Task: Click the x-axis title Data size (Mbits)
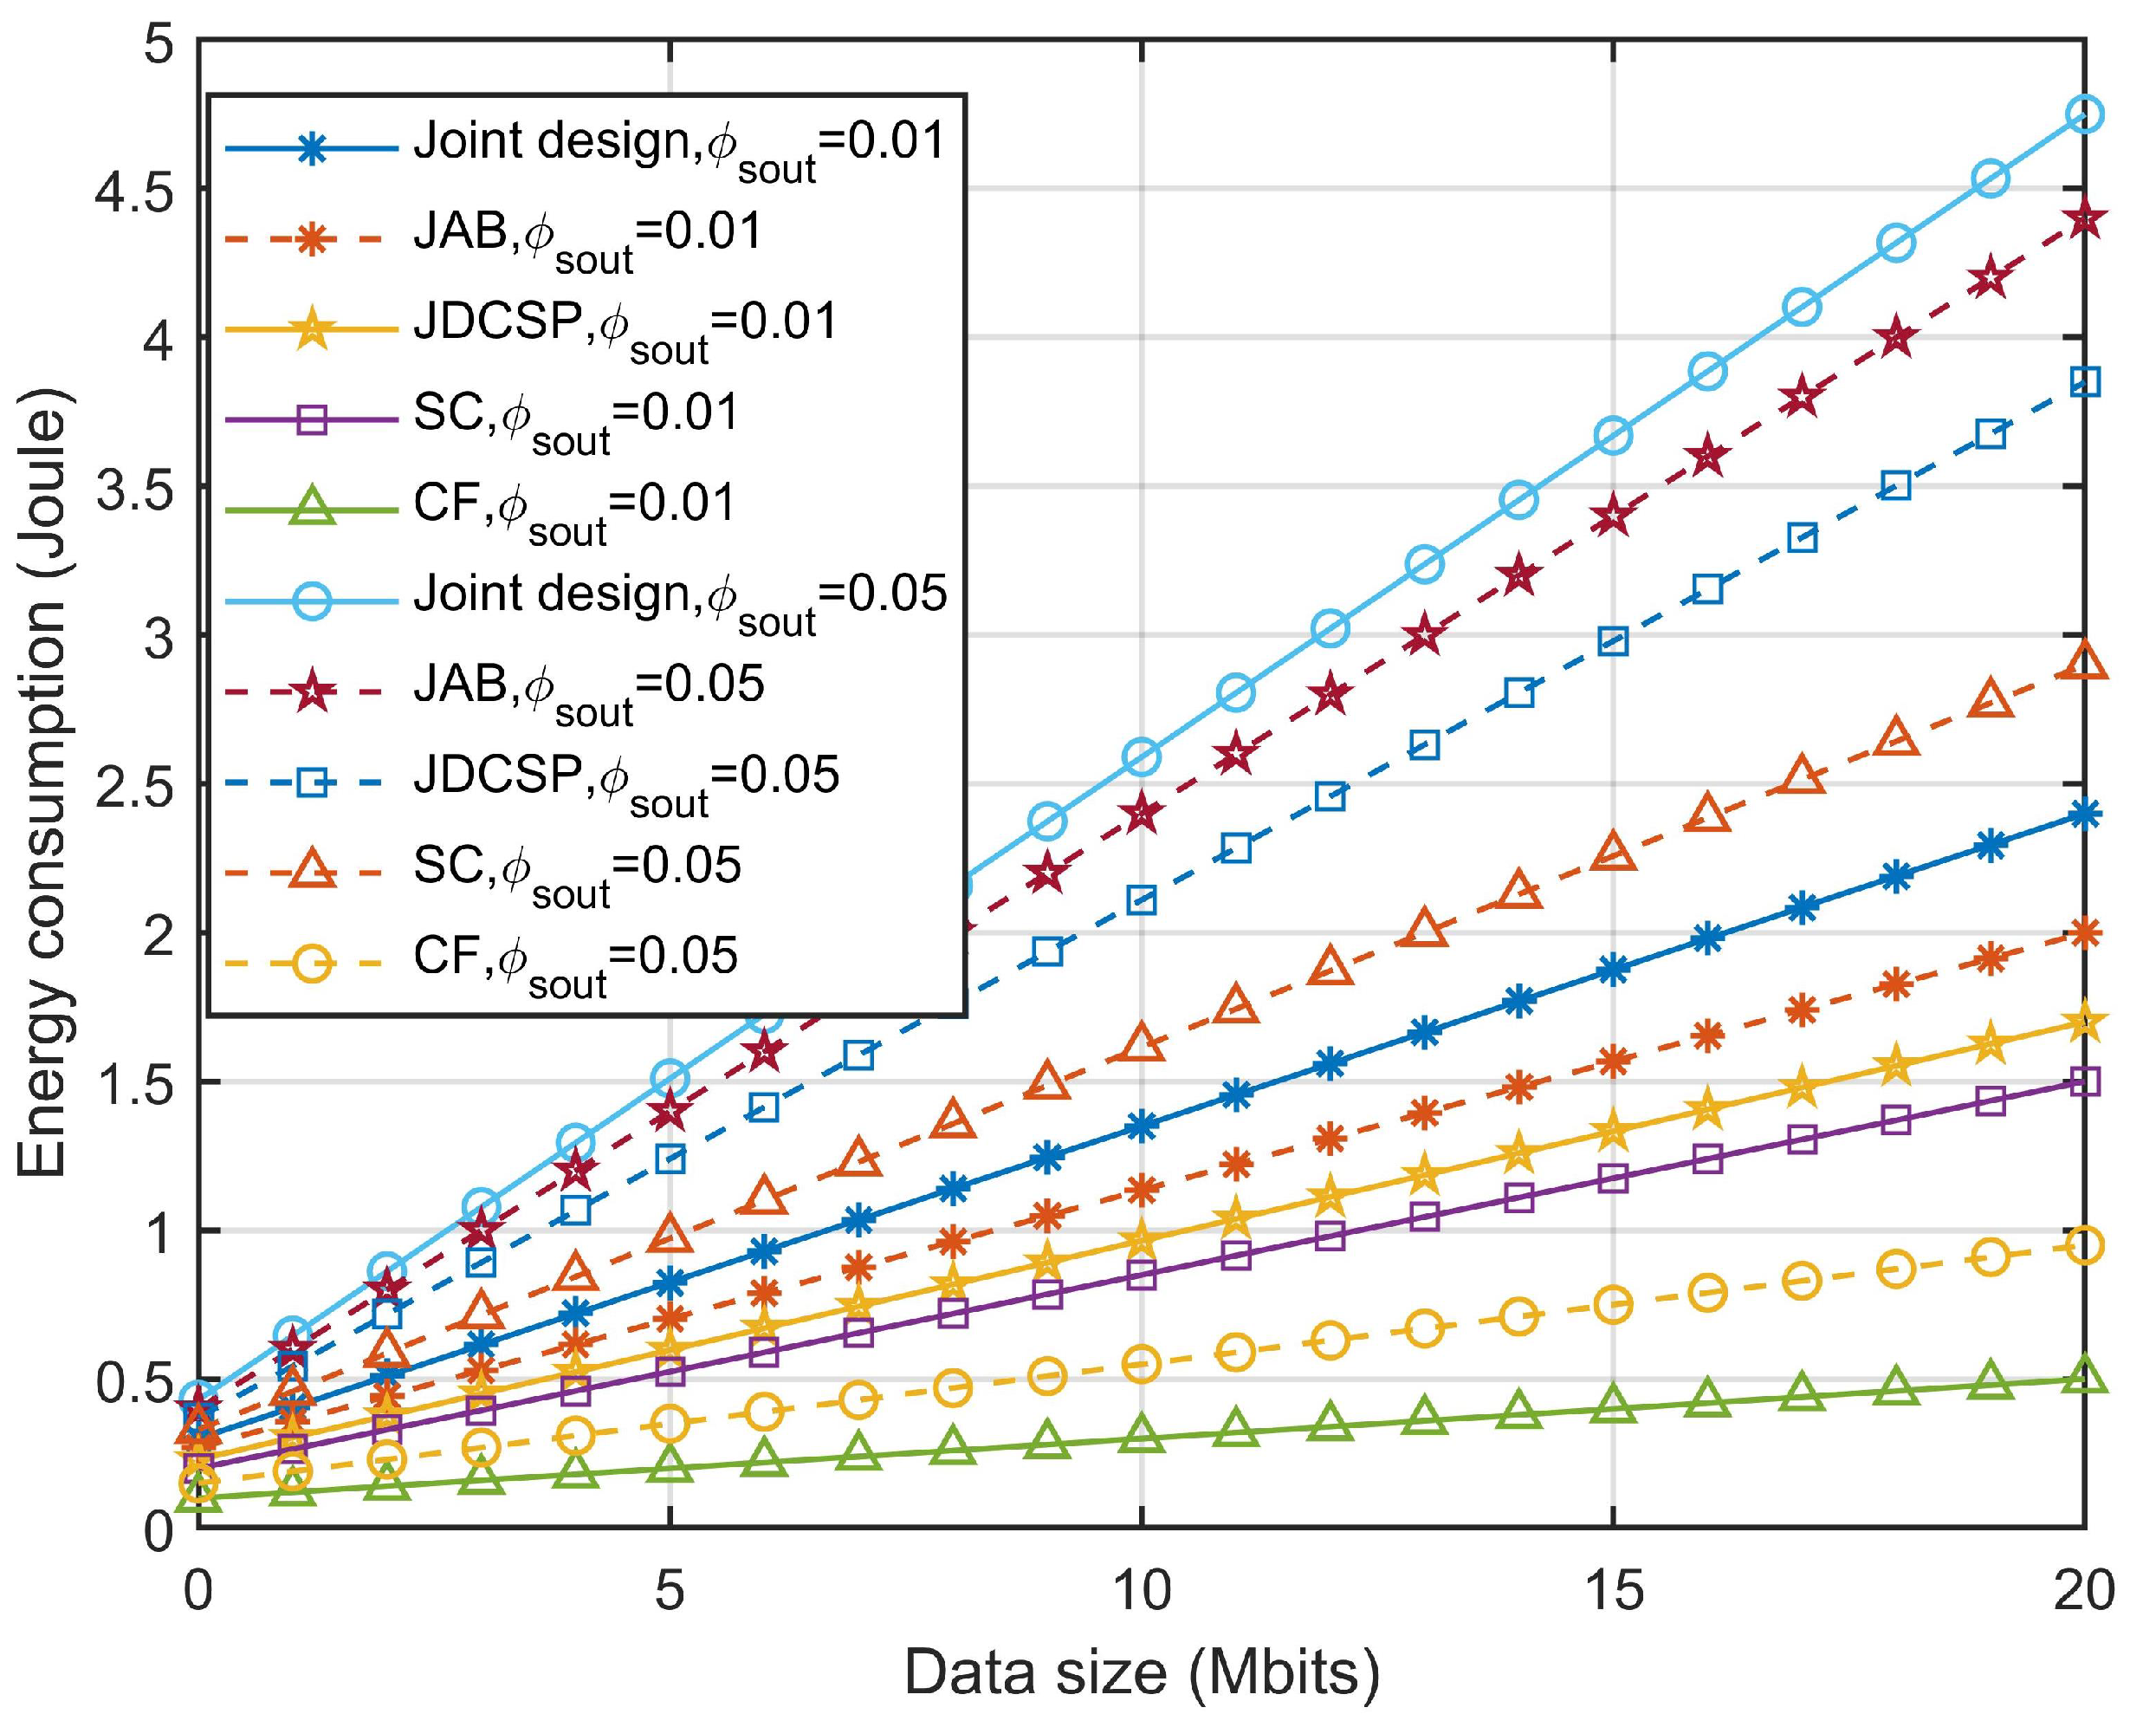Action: (x=1141, y=1672)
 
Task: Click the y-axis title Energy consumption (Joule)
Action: (x=42, y=783)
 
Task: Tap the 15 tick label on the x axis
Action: (x=1612, y=1592)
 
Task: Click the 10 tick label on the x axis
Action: (x=1141, y=1592)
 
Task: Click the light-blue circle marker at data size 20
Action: (x=2084, y=114)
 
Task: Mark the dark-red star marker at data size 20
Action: (x=2084, y=220)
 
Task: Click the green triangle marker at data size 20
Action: (x=2084, y=1377)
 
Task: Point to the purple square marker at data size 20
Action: (x=2084, y=1081)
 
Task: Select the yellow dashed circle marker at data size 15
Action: (x=1612, y=1304)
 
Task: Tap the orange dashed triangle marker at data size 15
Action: (x=1612, y=853)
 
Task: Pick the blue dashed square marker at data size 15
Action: (x=1612, y=641)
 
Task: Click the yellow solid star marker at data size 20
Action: (x=2084, y=1023)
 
